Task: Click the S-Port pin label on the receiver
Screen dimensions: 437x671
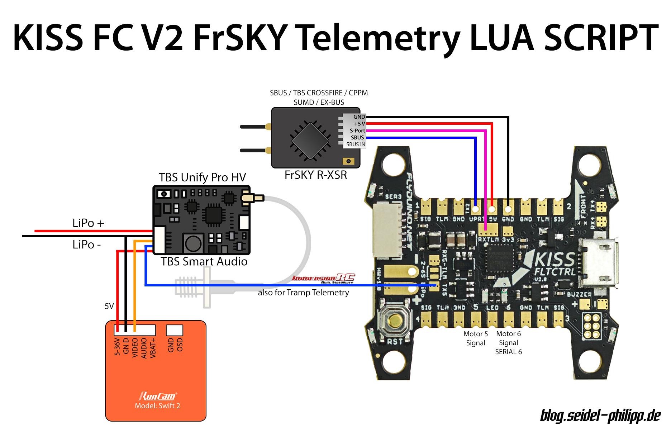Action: coord(357,130)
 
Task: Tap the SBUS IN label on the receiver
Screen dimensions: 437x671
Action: coord(355,144)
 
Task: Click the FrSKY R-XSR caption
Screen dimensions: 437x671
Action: coord(315,175)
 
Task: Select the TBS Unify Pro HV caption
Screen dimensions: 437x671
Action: coord(202,177)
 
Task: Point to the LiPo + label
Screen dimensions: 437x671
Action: coord(88,223)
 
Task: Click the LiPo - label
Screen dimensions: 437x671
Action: coord(86,244)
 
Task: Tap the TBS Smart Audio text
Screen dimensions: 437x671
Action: coord(204,261)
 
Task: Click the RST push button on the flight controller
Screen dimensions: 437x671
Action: coord(394,320)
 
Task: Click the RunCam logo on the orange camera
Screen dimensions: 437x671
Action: coord(157,396)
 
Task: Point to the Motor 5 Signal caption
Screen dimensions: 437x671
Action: coord(475,338)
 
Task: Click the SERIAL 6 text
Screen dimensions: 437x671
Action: coord(508,352)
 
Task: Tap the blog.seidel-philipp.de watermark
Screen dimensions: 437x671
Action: coord(600,415)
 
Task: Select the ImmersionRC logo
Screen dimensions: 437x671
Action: coord(324,278)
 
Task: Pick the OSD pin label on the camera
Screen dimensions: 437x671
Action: coord(180,345)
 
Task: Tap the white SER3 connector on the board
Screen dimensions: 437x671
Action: coord(387,229)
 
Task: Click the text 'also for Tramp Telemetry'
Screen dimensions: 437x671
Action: coord(303,293)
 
